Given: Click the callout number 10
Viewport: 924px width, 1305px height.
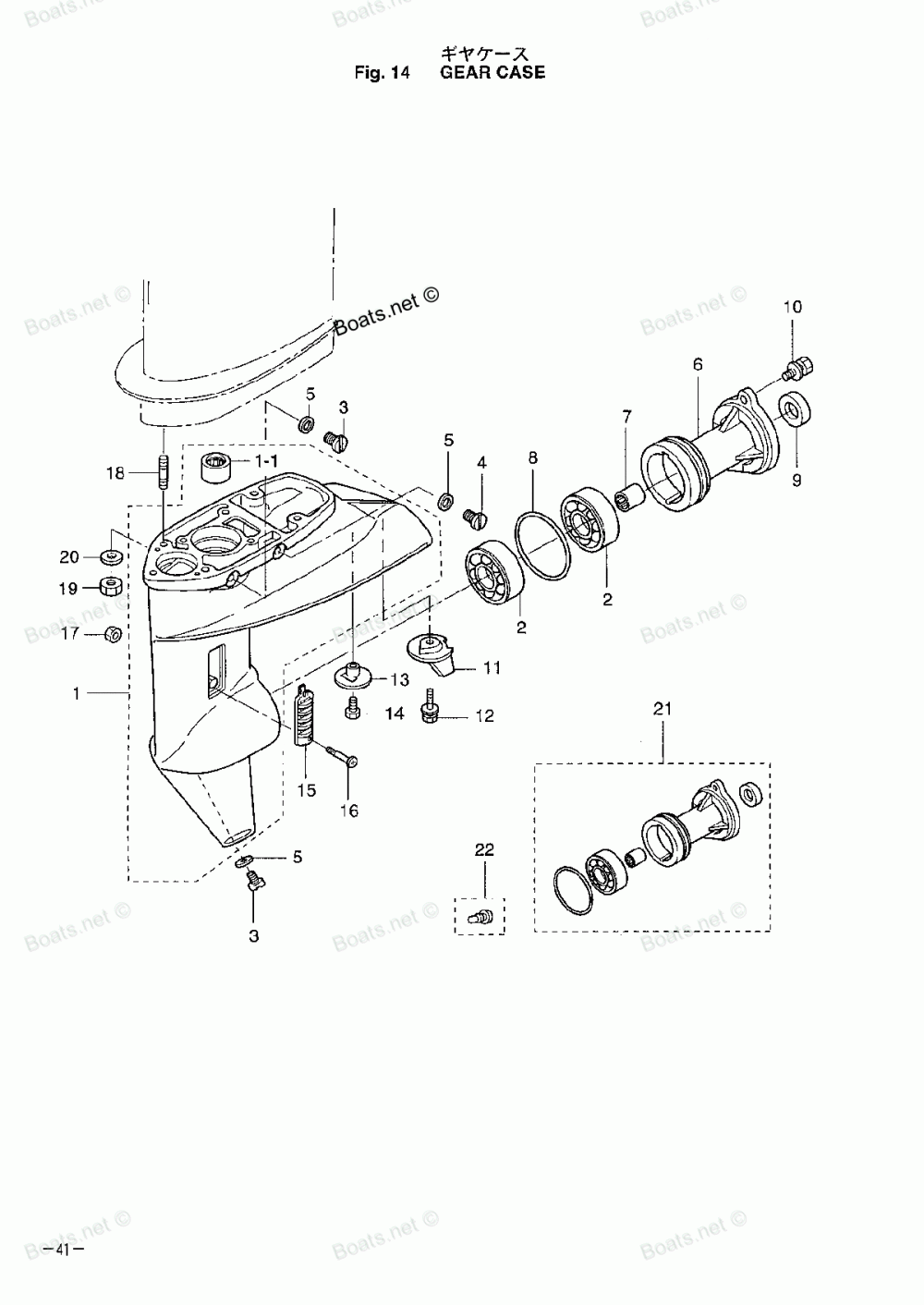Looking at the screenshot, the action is (x=794, y=307).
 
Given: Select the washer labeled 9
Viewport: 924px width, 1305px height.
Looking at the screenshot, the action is (x=794, y=408).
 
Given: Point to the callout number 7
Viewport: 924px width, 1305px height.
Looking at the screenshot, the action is (x=626, y=417).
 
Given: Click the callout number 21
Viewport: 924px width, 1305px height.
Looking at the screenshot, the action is (x=663, y=709).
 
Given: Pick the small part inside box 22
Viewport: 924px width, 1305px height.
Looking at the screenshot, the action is (x=480, y=917).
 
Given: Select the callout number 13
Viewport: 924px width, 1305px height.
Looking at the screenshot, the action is (x=399, y=680).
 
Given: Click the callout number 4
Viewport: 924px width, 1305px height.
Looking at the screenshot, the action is (x=481, y=462).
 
